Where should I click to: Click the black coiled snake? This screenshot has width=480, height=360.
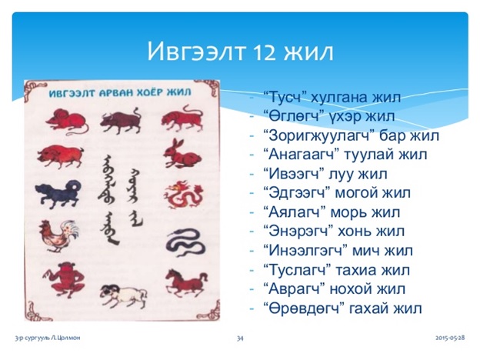coord(183,243)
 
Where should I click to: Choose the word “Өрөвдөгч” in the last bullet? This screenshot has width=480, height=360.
coord(303,309)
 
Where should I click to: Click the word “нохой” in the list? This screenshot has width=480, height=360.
coord(358,290)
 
